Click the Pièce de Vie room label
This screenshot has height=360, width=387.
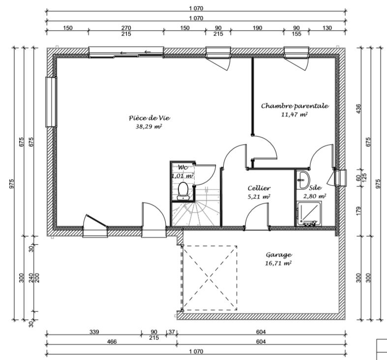click(149, 118)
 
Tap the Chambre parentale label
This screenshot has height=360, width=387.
click(295, 106)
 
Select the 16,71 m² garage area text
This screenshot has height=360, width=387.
click(278, 263)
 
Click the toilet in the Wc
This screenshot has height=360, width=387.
click(183, 191)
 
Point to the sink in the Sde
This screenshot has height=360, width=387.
click(302, 180)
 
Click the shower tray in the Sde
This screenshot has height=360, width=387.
click(309, 213)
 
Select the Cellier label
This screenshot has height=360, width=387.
click(259, 188)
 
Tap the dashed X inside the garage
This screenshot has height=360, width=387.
click(210, 278)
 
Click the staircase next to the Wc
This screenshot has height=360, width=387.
click(196, 207)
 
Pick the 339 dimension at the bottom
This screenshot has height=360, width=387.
click(94, 331)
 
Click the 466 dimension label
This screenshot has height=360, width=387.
click(112, 341)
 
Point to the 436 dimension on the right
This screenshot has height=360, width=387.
click(358, 109)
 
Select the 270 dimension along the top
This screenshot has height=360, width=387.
click(126, 28)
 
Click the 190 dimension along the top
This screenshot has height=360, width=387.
click(257, 28)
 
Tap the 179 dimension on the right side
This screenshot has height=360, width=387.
click(358, 210)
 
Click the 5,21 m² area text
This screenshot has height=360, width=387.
click(259, 197)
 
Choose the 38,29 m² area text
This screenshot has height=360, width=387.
click(149, 126)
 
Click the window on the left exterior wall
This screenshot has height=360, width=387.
click(51, 102)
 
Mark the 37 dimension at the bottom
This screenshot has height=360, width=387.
click(172, 332)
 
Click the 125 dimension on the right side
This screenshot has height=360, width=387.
click(364, 178)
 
